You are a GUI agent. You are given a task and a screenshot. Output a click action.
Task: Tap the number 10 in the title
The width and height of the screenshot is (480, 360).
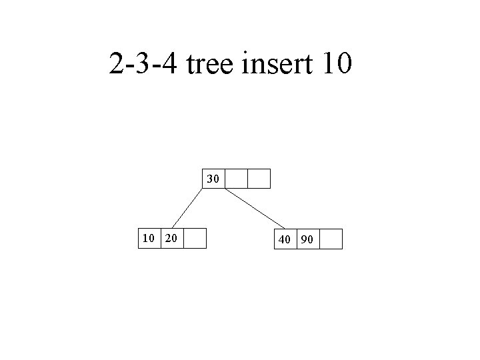[x=341, y=65]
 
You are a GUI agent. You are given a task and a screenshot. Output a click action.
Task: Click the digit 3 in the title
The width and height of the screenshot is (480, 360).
[x=143, y=65]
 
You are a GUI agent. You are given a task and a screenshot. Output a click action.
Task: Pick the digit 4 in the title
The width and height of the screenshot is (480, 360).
[x=169, y=65]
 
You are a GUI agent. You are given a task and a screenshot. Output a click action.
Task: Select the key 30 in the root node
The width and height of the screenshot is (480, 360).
[x=213, y=179]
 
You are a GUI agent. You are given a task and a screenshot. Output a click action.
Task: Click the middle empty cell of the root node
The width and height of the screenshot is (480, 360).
[x=237, y=179]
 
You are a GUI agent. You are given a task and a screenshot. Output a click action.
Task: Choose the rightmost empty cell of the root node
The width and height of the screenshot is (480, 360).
[x=259, y=179]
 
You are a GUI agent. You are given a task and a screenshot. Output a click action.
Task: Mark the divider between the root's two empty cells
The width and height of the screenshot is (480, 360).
[x=248, y=179]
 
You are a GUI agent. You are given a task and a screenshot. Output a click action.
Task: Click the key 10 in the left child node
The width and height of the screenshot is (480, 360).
[x=147, y=239]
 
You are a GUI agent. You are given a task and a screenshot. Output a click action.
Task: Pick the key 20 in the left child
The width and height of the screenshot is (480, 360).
[x=171, y=239]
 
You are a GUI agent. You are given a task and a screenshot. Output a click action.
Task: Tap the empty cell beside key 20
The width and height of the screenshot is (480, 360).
[x=195, y=239]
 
